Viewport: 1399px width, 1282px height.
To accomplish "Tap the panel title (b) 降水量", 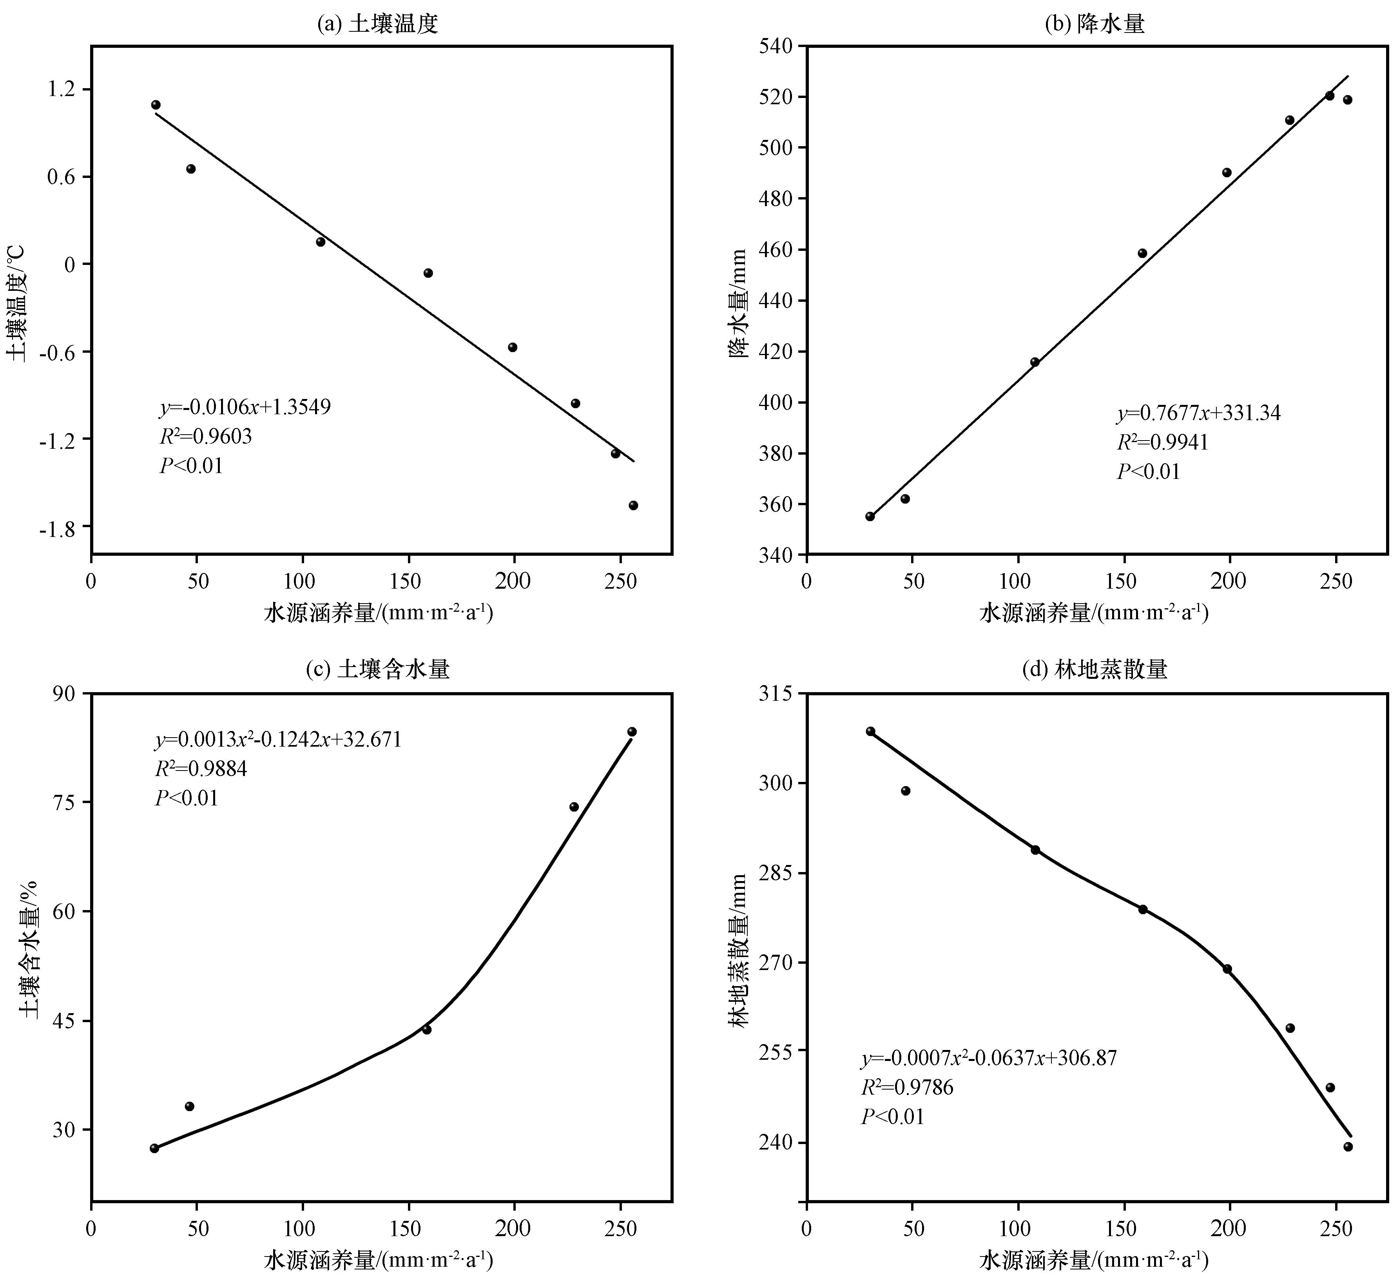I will point(1095,24).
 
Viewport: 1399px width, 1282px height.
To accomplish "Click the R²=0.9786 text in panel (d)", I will point(907,1087).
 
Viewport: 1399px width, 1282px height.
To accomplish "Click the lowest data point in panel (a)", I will point(633,505).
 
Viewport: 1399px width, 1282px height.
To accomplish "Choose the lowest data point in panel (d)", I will point(1348,1147).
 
